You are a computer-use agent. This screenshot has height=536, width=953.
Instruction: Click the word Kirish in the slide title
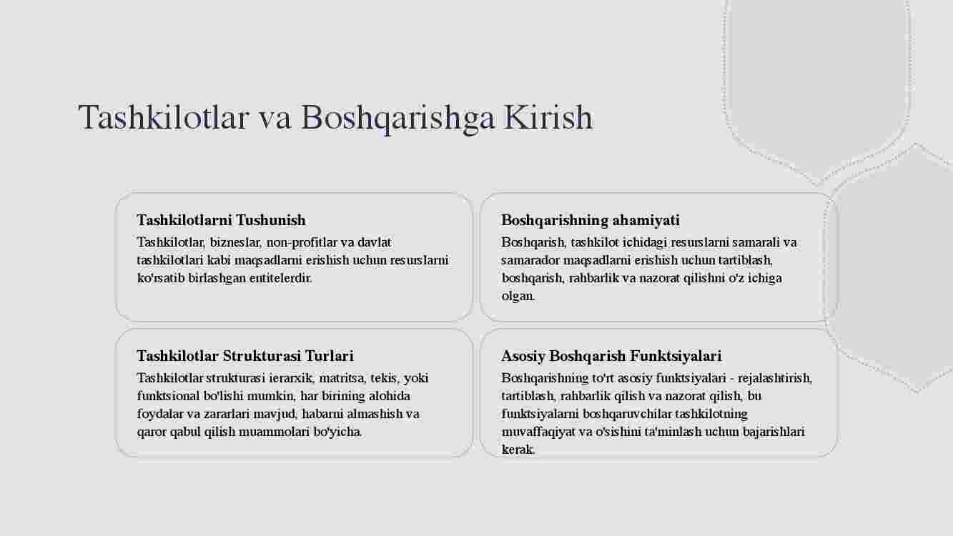click(548, 117)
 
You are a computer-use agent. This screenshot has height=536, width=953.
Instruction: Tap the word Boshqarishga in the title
click(398, 119)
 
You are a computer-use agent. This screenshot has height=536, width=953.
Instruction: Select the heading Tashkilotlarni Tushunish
click(221, 220)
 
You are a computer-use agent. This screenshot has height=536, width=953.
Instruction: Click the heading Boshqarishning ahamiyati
click(591, 220)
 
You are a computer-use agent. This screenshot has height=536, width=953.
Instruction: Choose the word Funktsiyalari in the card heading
click(676, 356)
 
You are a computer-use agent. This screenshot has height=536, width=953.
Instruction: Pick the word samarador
click(530, 260)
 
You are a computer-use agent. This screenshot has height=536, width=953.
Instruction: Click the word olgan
click(518, 296)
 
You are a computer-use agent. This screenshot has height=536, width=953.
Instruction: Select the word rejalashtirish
click(775, 378)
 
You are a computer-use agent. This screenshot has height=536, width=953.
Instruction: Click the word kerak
click(518, 450)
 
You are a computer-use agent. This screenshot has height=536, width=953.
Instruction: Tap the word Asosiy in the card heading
click(523, 357)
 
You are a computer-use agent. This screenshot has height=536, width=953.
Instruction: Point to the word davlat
click(374, 242)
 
